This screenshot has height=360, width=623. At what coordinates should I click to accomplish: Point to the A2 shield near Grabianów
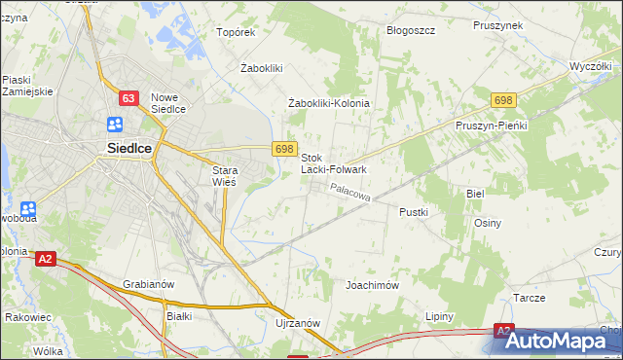(45, 259)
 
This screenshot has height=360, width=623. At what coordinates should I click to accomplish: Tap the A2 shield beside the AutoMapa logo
(503, 331)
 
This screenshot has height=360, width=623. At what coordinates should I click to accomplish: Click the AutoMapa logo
(563, 342)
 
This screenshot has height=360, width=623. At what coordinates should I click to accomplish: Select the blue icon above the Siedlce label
(115, 125)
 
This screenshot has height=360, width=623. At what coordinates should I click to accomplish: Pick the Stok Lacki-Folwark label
(333, 163)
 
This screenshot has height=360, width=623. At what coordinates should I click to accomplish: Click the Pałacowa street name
(350, 194)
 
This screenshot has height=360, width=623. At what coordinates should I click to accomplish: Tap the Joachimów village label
(373, 286)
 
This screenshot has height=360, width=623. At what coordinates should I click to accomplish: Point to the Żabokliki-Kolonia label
(330, 103)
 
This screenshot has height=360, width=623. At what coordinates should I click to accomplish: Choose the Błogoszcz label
(410, 30)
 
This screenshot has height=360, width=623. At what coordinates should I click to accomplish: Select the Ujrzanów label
(298, 323)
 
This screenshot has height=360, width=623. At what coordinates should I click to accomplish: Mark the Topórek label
(236, 32)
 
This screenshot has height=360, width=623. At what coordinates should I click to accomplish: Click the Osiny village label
(488, 223)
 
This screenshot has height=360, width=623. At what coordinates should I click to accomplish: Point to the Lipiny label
(444, 317)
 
